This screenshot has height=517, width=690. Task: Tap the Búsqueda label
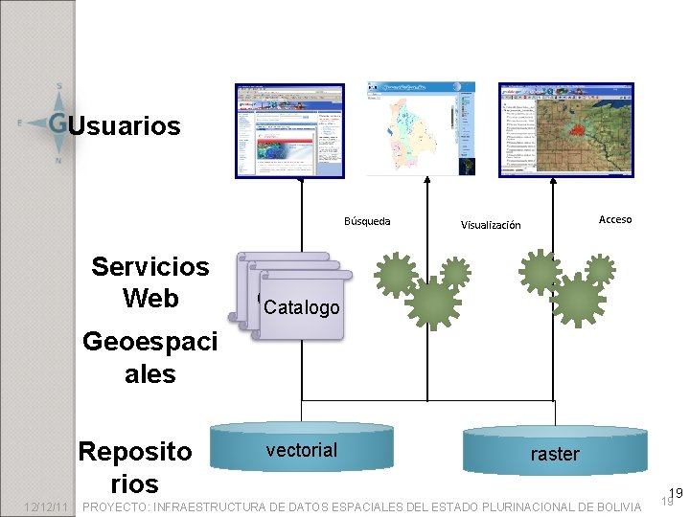click(x=367, y=221)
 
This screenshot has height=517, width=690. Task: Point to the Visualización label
click(x=491, y=225)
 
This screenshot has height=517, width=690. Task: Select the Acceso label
click(x=615, y=219)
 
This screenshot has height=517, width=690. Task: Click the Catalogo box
click(x=301, y=307)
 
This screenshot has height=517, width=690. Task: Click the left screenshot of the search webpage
click(x=288, y=131)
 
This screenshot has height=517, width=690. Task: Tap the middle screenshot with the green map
click(x=421, y=128)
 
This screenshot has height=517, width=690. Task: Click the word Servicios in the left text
click(x=150, y=266)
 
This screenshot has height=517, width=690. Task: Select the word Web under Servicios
click(x=150, y=298)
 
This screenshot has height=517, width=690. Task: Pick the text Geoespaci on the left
click(x=150, y=341)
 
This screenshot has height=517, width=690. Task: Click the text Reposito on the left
click(x=135, y=451)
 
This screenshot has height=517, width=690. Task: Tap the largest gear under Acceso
click(x=578, y=303)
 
